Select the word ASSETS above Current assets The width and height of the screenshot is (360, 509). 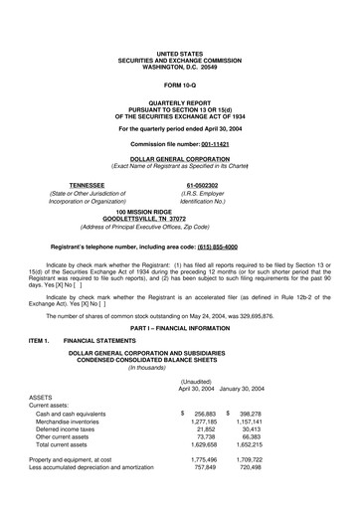click(43, 398)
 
